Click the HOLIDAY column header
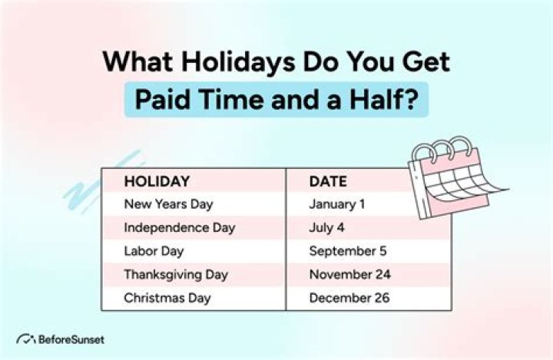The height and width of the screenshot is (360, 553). [x=157, y=182]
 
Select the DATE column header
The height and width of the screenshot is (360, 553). [x=328, y=182]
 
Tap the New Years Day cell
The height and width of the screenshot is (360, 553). [x=168, y=204]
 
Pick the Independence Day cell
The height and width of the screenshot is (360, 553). [x=180, y=227]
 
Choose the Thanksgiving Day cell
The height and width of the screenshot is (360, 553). [x=176, y=273]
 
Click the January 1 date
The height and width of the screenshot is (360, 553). [x=337, y=204]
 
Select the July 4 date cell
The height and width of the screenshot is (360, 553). [x=326, y=227]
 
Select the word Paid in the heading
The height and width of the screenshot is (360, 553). [x=163, y=101]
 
